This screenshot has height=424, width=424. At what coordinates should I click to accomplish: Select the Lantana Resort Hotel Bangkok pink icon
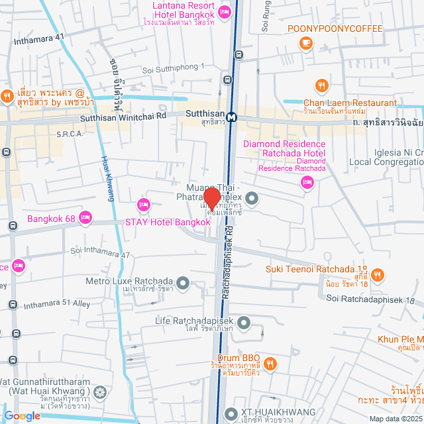pyautogui.click(x=225, y=11)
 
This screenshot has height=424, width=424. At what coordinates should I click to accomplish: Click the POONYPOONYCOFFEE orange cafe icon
pyautogui.click(x=305, y=43)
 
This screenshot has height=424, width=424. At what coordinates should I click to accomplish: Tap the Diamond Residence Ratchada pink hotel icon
pyautogui.click(x=307, y=184)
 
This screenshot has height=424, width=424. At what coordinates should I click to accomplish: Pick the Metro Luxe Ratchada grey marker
pyautogui.click(x=184, y=284)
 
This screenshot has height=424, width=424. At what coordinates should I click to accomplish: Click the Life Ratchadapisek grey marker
pyautogui.click(x=244, y=323)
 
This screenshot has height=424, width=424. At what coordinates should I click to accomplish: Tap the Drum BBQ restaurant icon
pyautogui.click(x=270, y=362)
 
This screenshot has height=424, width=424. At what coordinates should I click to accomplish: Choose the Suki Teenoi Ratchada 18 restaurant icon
pyautogui.click(x=377, y=274)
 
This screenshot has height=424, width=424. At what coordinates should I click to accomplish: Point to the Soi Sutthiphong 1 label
pyautogui.click(x=174, y=69)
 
